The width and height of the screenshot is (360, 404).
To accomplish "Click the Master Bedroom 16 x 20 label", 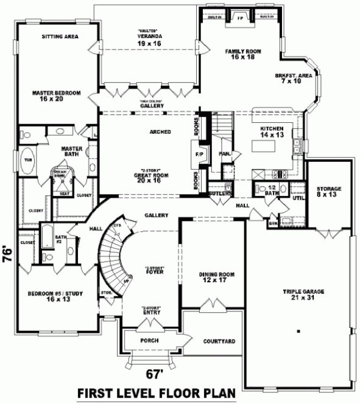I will (x=57, y=96).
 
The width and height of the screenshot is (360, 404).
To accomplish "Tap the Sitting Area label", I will (x=59, y=37).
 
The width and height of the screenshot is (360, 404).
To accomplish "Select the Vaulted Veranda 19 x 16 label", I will (x=148, y=40).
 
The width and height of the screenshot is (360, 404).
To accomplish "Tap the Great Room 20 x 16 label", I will (x=150, y=177).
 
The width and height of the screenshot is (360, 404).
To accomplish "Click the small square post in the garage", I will (x=299, y=332).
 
